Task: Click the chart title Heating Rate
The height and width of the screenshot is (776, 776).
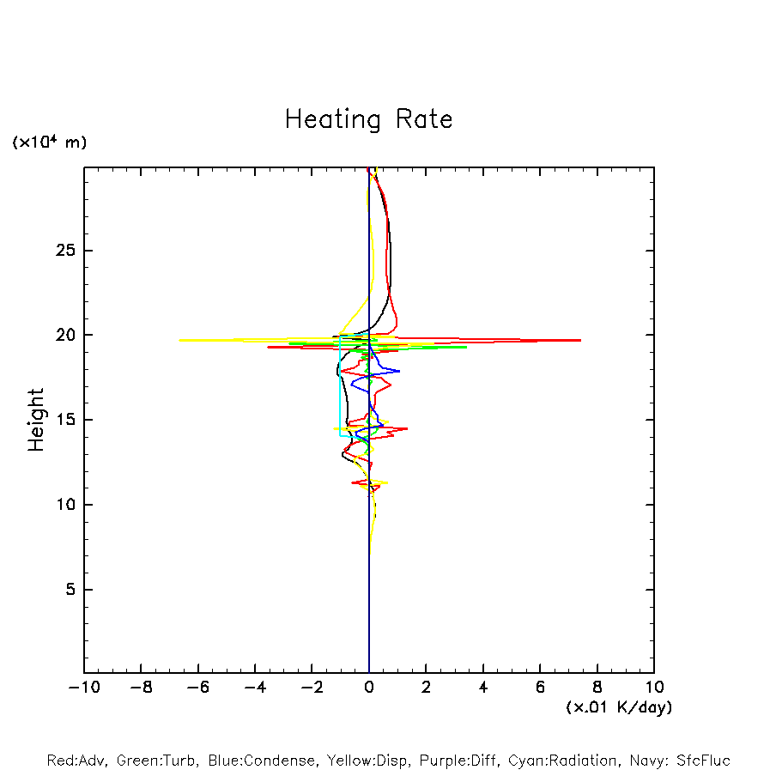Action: [x=368, y=119]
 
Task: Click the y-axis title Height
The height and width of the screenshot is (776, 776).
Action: [x=36, y=420]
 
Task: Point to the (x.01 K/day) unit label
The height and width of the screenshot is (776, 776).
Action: [x=618, y=707]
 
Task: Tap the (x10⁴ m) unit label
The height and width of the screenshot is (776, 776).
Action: [x=49, y=142]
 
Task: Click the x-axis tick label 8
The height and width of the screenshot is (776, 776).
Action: [x=597, y=688]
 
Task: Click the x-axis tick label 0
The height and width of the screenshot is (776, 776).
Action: [x=369, y=688]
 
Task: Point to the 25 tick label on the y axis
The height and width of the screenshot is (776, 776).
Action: [x=66, y=251]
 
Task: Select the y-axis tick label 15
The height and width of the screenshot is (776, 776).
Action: [x=66, y=420]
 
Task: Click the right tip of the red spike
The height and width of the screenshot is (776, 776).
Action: [x=581, y=340]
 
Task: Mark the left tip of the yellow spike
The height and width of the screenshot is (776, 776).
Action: [x=179, y=340]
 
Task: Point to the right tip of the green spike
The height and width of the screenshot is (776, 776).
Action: [x=466, y=347]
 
